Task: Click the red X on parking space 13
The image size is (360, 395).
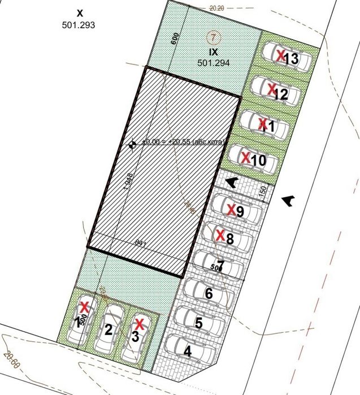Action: (x=281, y=55)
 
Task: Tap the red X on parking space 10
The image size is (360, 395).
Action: (x=245, y=158)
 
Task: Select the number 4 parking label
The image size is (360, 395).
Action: (x=188, y=350)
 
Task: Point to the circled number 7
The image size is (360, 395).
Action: (x=212, y=38)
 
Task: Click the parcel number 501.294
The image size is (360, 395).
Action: (x=212, y=62)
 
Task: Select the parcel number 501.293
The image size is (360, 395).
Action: (x=79, y=25)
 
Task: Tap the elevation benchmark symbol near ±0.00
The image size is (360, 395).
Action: (x=132, y=145)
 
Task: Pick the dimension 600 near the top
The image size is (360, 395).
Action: (x=175, y=40)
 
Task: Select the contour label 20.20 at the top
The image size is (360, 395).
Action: (x=217, y=8)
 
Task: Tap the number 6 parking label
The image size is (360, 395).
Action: (x=209, y=294)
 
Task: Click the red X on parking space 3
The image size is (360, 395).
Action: (x=138, y=324)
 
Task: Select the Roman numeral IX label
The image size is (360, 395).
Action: (x=212, y=51)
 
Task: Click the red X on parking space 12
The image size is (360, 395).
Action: (x=271, y=89)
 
